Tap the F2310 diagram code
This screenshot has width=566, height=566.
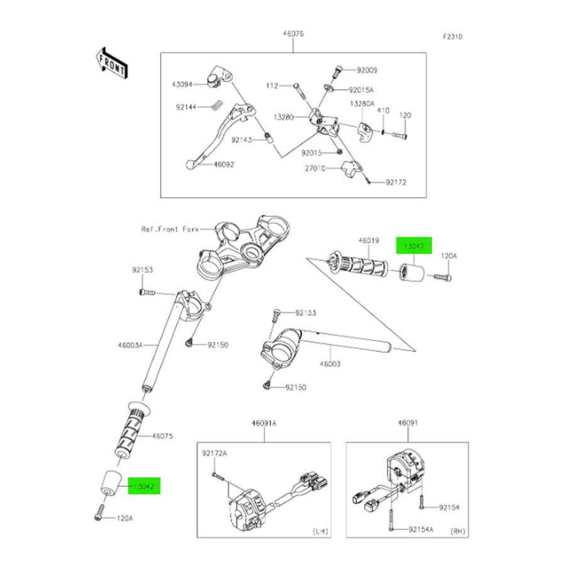[452, 37]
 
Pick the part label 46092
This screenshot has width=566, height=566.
[223, 165]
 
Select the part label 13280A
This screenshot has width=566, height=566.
[363, 103]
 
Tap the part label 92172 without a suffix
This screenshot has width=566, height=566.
[396, 182]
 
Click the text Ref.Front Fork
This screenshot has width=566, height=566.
[170, 230]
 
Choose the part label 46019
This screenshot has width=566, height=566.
[369, 240]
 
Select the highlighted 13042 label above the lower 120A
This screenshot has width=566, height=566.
[145, 487]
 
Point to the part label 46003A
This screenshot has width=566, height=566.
[130, 345]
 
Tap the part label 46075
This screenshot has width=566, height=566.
[162, 435]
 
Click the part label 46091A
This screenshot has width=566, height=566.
[265, 424]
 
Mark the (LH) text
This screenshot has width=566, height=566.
[321, 531]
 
